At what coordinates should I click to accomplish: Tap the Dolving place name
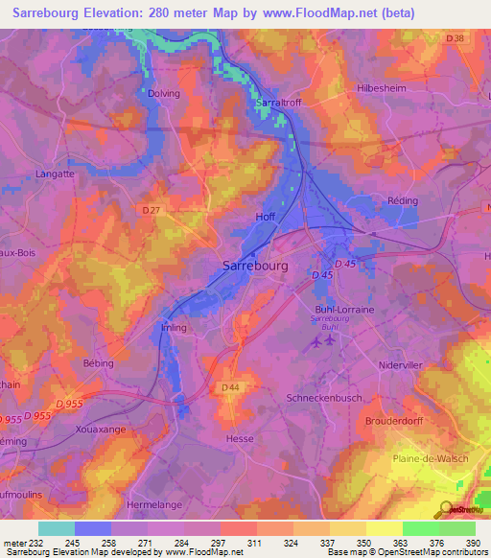tap(164, 93)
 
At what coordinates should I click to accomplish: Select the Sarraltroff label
tap(279, 101)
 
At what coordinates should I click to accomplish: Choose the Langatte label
tap(55, 174)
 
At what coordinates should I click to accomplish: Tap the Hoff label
tap(266, 217)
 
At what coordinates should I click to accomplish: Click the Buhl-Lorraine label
tap(344, 310)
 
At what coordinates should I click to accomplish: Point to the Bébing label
tap(99, 363)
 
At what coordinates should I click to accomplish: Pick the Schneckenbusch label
tap(321, 396)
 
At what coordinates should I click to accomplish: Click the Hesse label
tap(241, 437)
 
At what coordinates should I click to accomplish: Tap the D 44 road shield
tap(230, 386)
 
